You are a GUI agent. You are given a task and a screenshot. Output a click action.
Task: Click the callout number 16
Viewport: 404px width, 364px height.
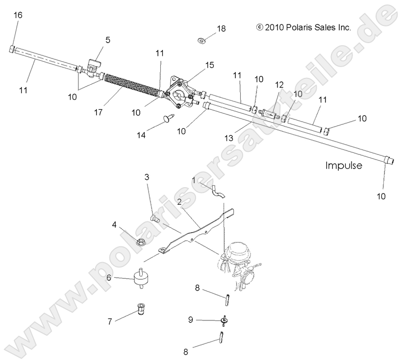(18, 15)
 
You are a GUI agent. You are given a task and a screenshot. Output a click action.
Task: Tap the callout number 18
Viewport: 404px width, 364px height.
(222, 29)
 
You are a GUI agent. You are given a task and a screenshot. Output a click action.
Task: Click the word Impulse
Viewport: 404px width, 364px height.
(344, 166)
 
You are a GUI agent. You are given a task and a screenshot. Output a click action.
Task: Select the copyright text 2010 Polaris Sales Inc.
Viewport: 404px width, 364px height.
(304, 28)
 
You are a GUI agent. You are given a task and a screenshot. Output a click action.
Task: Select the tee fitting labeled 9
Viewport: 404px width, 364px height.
(225, 320)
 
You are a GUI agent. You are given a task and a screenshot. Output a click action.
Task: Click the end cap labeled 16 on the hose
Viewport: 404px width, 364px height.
(13, 49)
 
